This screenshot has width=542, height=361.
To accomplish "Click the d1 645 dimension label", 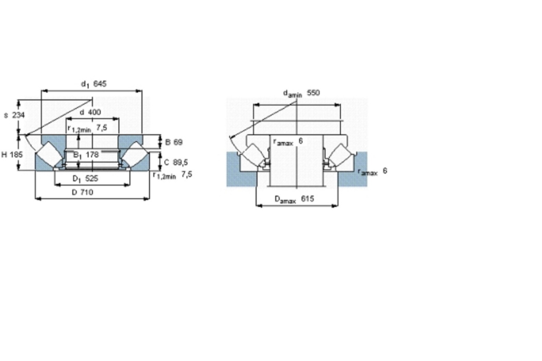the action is (93, 84).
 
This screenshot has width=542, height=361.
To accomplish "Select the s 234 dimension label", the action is (14, 115).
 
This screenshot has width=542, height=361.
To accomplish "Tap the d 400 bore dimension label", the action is (90, 112).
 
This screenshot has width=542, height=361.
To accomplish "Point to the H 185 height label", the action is (12, 154).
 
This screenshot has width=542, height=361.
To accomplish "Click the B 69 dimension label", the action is (174, 142).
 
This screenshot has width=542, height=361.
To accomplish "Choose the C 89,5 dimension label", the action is (176, 162).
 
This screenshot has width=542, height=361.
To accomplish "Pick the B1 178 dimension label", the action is (86, 155).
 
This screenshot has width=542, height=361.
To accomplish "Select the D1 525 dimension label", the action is (85, 178).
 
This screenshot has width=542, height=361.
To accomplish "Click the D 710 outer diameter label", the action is (82, 192).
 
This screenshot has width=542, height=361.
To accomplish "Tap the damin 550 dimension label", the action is (301, 93).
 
